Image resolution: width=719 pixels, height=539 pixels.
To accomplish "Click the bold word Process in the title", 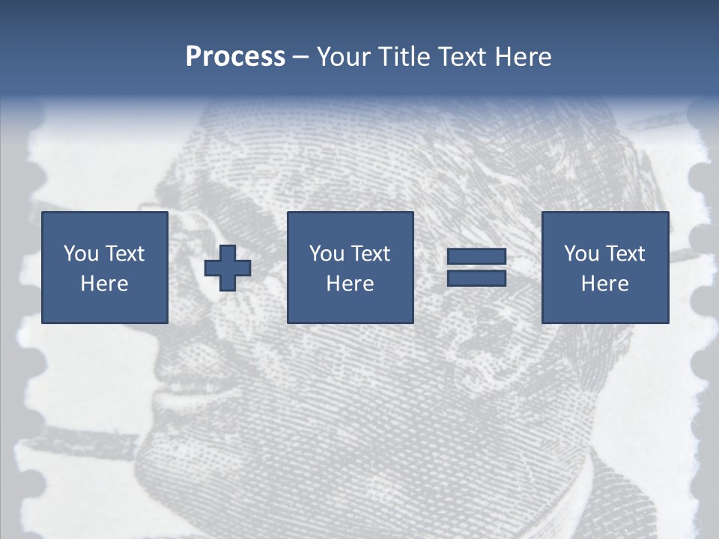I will (x=235, y=57).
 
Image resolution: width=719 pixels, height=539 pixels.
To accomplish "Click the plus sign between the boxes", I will (x=228, y=268).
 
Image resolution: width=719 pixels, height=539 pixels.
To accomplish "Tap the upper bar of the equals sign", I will (x=476, y=257).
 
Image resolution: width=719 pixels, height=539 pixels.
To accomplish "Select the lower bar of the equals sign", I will (x=476, y=278).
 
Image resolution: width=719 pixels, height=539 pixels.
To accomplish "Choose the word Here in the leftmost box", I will (x=104, y=284).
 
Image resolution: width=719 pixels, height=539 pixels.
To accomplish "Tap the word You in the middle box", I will (x=327, y=254).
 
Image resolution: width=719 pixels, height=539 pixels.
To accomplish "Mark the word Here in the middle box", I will (x=350, y=284).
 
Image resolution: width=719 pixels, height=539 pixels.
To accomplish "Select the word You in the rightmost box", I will (x=581, y=254).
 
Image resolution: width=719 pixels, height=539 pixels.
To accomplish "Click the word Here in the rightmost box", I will (x=604, y=284).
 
